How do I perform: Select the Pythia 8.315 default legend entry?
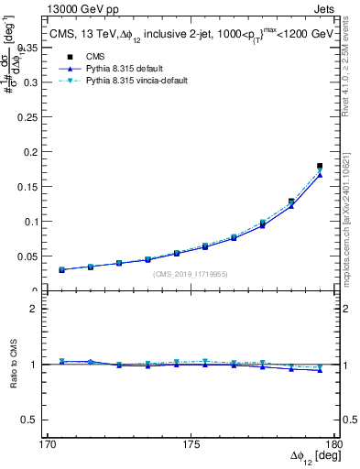[x=115, y=69]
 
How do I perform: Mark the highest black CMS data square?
[x=320, y=166]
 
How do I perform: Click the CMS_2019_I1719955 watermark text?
[x=190, y=274]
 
